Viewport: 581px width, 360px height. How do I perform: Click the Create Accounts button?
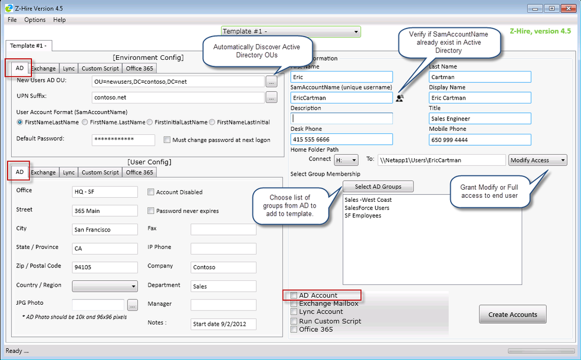(512, 315)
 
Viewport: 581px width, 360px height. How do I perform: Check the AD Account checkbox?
(294, 295)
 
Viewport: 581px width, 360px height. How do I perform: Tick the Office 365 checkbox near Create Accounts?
(294, 329)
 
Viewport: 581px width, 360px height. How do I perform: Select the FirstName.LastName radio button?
(85, 122)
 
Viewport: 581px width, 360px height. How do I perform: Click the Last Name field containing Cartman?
(480, 77)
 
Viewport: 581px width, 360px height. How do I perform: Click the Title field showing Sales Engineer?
(480, 119)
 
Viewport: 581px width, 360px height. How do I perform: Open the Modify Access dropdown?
(537, 161)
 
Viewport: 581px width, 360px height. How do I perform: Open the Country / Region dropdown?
(105, 286)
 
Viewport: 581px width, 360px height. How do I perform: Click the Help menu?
(59, 20)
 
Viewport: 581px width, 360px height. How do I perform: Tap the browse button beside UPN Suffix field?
(272, 97)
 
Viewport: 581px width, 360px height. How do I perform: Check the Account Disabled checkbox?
(151, 192)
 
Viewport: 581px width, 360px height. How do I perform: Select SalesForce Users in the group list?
(367, 208)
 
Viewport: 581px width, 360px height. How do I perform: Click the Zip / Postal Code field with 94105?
(105, 267)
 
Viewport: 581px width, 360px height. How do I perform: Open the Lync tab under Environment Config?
(69, 69)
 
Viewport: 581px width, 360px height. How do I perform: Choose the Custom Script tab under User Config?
(100, 172)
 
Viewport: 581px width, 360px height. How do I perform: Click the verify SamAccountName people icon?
(400, 98)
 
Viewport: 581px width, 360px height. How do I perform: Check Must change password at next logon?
(167, 140)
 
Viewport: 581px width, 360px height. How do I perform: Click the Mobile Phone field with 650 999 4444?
(480, 140)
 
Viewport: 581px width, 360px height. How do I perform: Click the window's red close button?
(568, 8)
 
